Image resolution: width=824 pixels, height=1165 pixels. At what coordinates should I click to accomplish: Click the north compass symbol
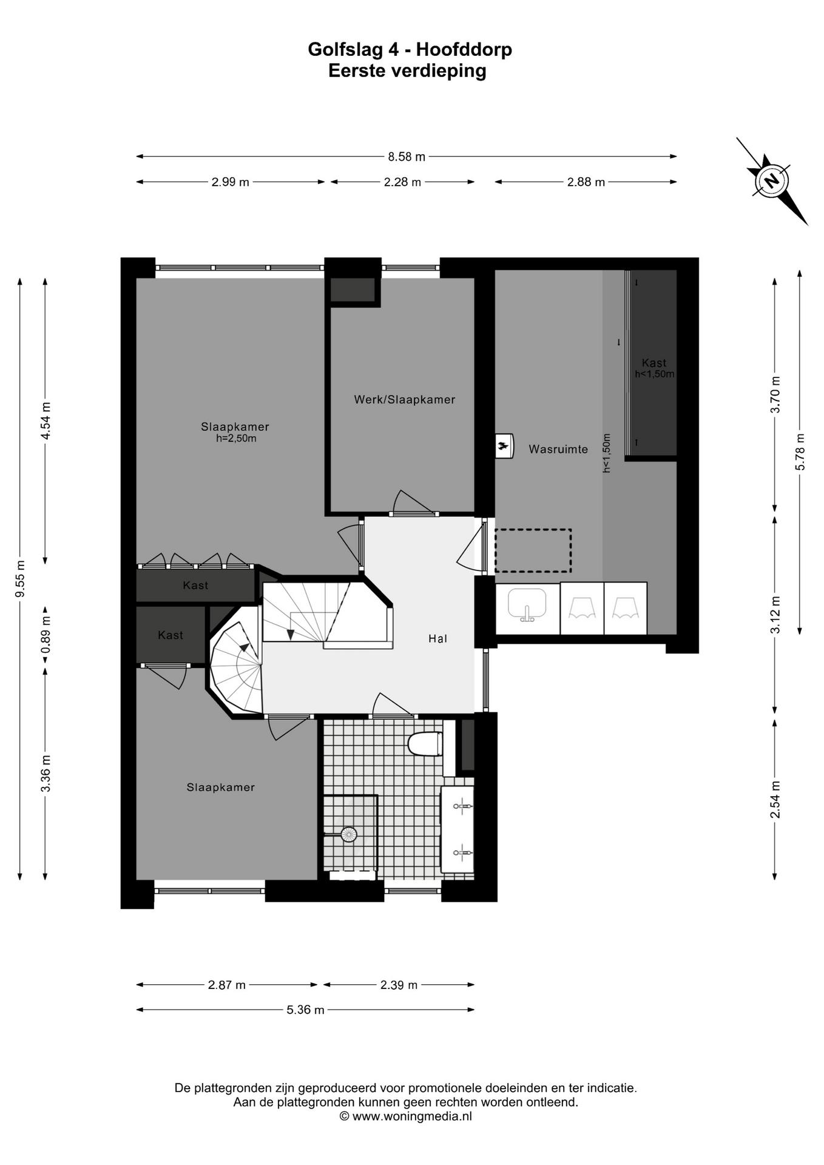pos(772,181)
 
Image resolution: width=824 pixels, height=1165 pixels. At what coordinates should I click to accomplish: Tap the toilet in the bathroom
pos(425,744)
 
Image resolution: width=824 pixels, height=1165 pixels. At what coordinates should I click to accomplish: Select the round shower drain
pos(348,834)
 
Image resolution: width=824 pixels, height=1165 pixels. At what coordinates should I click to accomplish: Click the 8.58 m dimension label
pos(407,157)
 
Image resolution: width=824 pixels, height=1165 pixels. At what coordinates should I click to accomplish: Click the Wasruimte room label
pos(558,449)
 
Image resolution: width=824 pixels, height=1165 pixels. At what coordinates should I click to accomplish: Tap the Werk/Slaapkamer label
pos(405,399)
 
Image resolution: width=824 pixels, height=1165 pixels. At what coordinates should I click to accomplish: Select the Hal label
pos(437,638)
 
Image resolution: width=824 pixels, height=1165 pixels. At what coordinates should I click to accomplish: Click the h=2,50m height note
pos(236,438)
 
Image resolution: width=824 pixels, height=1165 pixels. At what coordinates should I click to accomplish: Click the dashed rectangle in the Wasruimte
pos(533,550)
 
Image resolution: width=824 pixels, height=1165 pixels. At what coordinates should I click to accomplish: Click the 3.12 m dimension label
pos(775,615)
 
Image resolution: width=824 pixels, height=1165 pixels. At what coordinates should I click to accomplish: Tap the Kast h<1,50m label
pos(654,368)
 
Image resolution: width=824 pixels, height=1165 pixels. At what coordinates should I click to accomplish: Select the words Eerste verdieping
pos(407,71)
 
